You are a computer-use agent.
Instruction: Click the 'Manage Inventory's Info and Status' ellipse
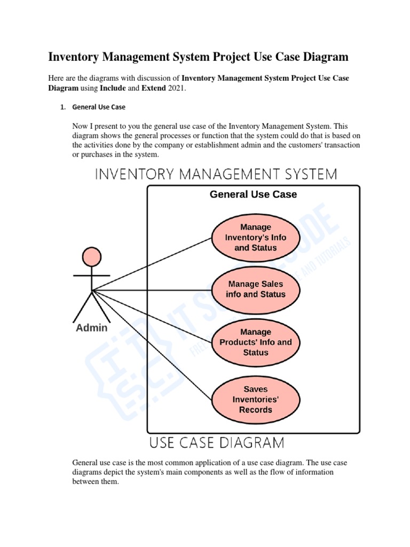(x=256, y=238)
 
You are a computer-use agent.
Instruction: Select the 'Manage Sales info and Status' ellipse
(x=256, y=289)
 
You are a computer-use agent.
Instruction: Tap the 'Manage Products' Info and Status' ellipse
(x=256, y=342)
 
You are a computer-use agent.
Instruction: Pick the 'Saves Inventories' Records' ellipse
(x=256, y=400)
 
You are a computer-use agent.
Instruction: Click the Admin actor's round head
(x=92, y=256)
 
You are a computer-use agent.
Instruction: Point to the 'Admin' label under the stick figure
(x=91, y=328)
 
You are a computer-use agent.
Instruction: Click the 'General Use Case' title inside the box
(x=253, y=194)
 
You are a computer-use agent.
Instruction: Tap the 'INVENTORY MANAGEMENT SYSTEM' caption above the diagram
(x=216, y=174)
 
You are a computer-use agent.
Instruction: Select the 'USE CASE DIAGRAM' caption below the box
(x=216, y=443)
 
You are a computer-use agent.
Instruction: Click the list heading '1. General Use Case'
(x=99, y=107)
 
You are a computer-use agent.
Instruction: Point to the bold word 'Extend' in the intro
(x=153, y=88)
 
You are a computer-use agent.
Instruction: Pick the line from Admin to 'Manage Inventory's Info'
(x=152, y=264)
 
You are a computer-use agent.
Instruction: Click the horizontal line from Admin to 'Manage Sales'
(x=152, y=290)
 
